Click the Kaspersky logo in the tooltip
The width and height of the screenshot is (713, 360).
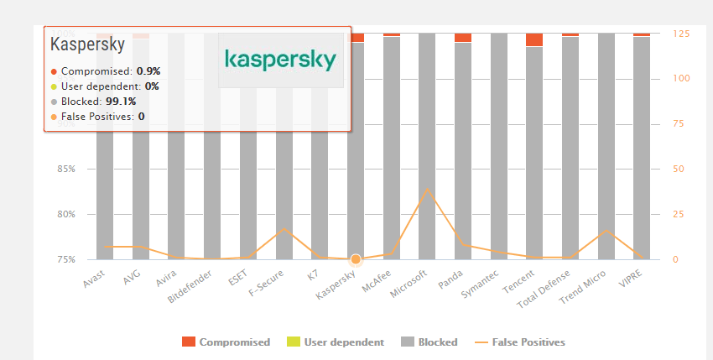(x=281, y=60)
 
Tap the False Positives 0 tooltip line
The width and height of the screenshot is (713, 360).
(x=97, y=116)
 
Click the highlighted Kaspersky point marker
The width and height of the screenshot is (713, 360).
(x=356, y=259)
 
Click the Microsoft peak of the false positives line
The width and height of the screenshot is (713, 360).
(x=427, y=188)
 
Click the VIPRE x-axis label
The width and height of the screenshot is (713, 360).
(x=632, y=279)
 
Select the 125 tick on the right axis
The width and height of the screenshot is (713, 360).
(x=680, y=34)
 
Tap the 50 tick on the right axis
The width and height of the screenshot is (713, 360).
(x=678, y=169)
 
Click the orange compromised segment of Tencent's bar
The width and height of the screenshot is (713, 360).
(x=534, y=39)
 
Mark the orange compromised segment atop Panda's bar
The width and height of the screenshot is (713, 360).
(x=463, y=37)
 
